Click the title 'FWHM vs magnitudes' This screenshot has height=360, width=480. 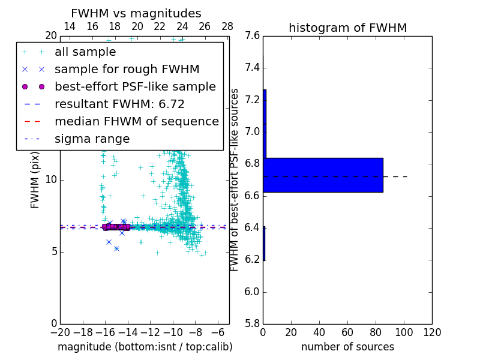pos(136,13)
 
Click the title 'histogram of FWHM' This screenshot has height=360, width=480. pos(347,28)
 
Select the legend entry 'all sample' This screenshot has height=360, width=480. pos(85,52)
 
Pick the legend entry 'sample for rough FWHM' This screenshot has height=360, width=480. pos(127,70)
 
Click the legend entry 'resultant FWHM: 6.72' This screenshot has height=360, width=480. pos(119,104)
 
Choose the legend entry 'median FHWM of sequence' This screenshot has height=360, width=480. pos(136,122)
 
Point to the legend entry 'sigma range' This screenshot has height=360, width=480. pos(92,139)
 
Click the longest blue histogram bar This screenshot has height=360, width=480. pos(323,175)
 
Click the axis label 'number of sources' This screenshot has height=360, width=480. pos(347,347)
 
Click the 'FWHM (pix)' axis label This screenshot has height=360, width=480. pos(35,179)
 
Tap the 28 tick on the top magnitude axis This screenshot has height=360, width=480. pos(227,26)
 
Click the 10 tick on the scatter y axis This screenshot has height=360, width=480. pos(51,180)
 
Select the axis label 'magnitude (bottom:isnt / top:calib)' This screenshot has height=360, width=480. pos(145,347)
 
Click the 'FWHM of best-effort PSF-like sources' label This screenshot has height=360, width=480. pos(235,179)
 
